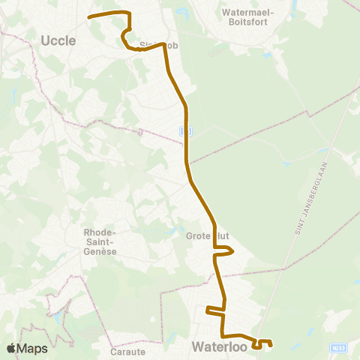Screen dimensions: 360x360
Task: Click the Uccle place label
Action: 58,40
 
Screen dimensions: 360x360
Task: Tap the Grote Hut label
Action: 207,235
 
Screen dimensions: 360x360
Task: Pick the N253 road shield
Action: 337,348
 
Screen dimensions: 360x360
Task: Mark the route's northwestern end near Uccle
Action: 89,16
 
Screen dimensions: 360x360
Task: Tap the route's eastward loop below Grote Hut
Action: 232,253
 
